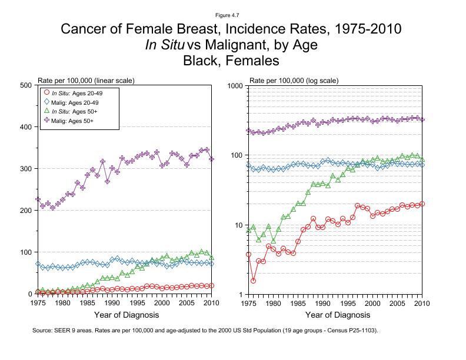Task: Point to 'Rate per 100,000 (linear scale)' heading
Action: pyautogui.click(x=85, y=79)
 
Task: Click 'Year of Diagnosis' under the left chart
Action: pyautogui.click(x=125, y=315)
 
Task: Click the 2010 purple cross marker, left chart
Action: pyautogui.click(x=211, y=159)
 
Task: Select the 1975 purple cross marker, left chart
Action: pyautogui.click(x=38, y=199)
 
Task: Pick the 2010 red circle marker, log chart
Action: pyautogui.click(x=422, y=204)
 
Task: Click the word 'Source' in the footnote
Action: pyautogui.click(x=44, y=331)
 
